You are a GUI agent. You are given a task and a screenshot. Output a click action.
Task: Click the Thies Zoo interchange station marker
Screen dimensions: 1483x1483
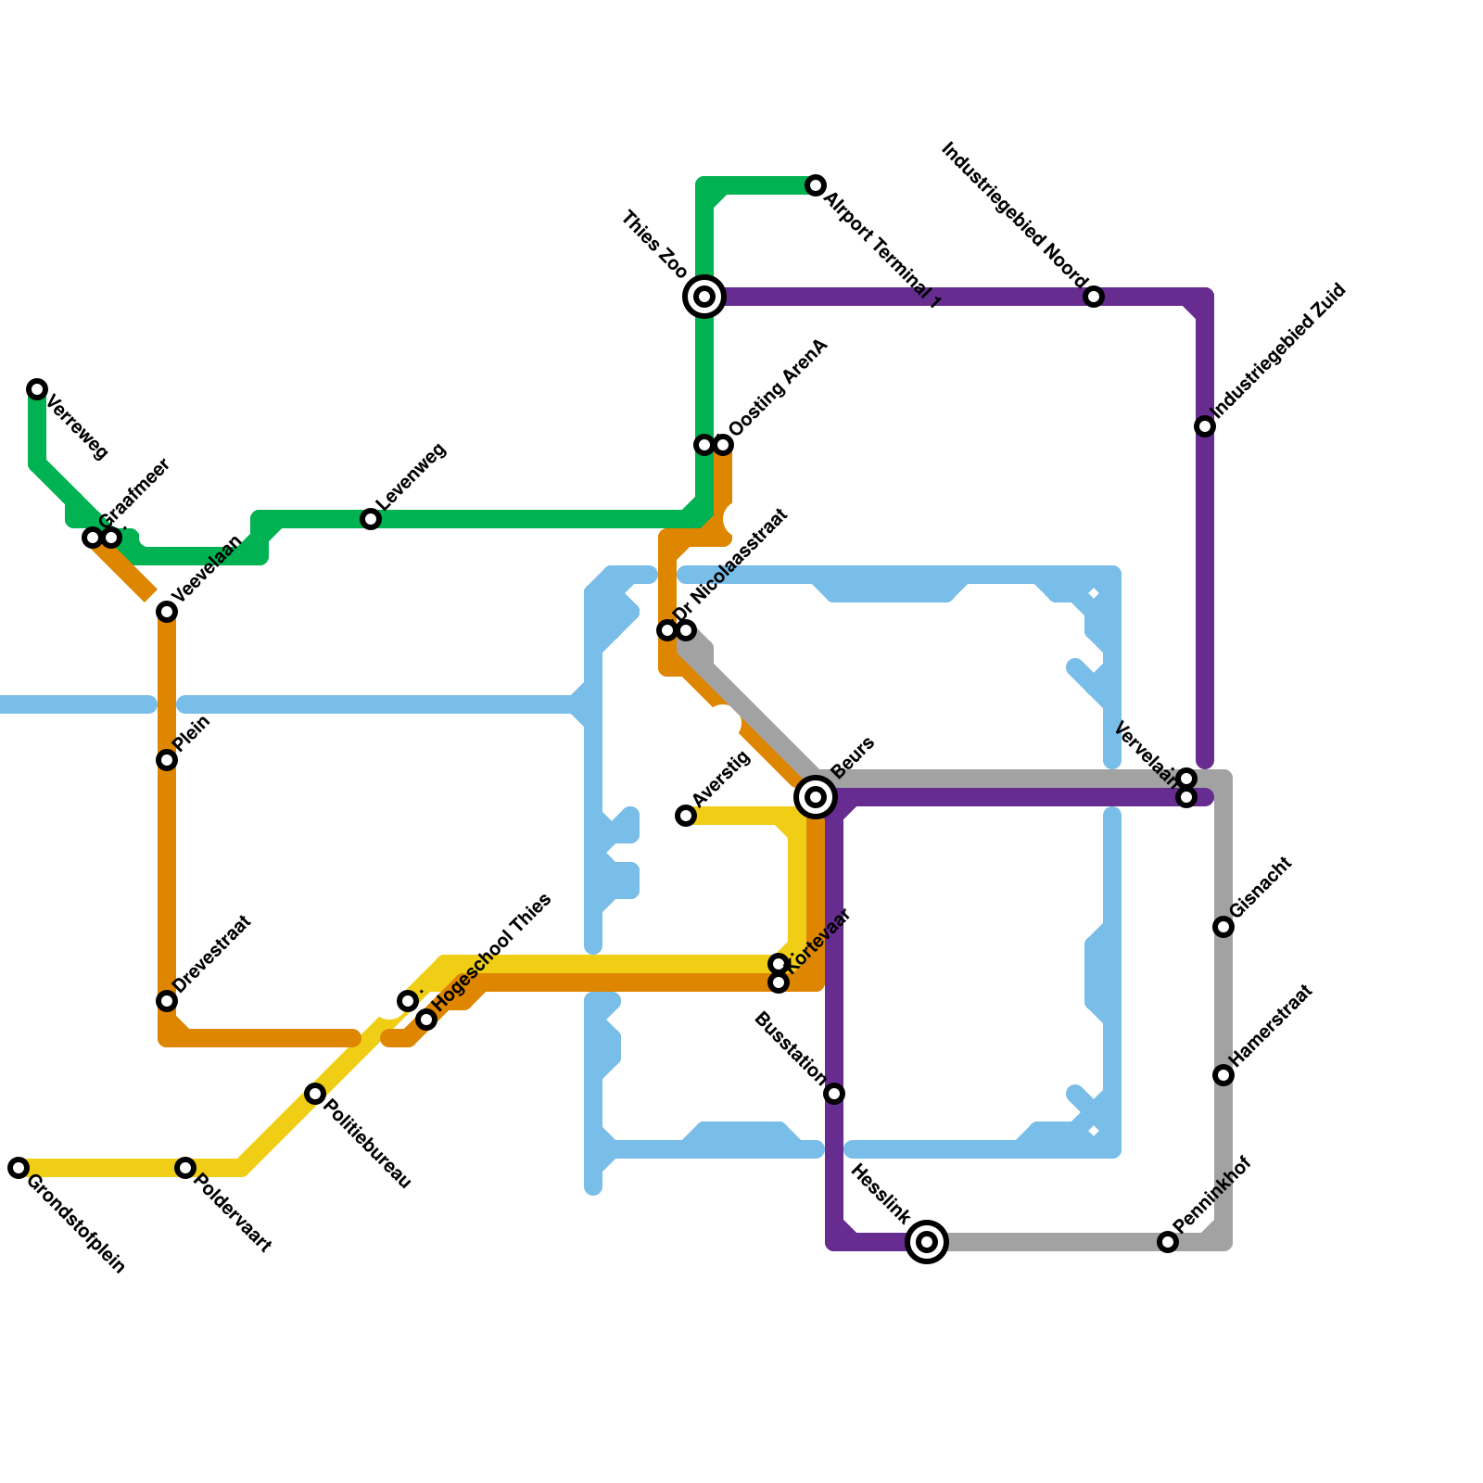(704, 297)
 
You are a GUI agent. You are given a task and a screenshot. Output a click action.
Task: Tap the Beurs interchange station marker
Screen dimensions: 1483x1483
(816, 796)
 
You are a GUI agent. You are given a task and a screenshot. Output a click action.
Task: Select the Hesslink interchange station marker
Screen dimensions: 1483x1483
(927, 1241)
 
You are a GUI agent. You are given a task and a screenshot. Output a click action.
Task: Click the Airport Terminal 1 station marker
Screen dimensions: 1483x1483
(816, 185)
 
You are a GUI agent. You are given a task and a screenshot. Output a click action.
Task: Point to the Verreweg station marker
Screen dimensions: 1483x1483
(37, 388)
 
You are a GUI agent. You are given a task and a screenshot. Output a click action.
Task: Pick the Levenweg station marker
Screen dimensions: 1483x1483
(371, 519)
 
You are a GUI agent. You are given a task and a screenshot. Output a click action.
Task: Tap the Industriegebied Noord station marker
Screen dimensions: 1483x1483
(1094, 297)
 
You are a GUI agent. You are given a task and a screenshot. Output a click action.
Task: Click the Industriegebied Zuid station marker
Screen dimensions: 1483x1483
(1205, 426)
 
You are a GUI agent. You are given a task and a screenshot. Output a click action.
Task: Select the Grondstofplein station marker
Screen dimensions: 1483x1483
(19, 1168)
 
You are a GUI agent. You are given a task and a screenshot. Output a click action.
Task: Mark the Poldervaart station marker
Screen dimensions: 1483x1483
(185, 1168)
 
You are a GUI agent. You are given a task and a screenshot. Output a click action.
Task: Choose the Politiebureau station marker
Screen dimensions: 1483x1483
(315, 1094)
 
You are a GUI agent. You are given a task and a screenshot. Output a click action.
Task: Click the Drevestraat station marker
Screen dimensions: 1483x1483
(167, 1001)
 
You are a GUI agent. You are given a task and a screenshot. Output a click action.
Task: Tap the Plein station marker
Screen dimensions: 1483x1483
(167, 760)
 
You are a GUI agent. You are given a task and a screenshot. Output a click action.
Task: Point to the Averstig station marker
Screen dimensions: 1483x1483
(686, 816)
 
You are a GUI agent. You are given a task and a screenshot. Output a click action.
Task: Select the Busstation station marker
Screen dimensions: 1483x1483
(834, 1094)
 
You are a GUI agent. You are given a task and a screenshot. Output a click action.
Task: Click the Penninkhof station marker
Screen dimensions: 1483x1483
(1168, 1242)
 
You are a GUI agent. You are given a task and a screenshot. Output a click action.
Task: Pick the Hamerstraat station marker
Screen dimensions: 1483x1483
(1223, 1075)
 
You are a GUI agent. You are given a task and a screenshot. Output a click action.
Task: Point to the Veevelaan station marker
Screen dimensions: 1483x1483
(167, 612)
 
